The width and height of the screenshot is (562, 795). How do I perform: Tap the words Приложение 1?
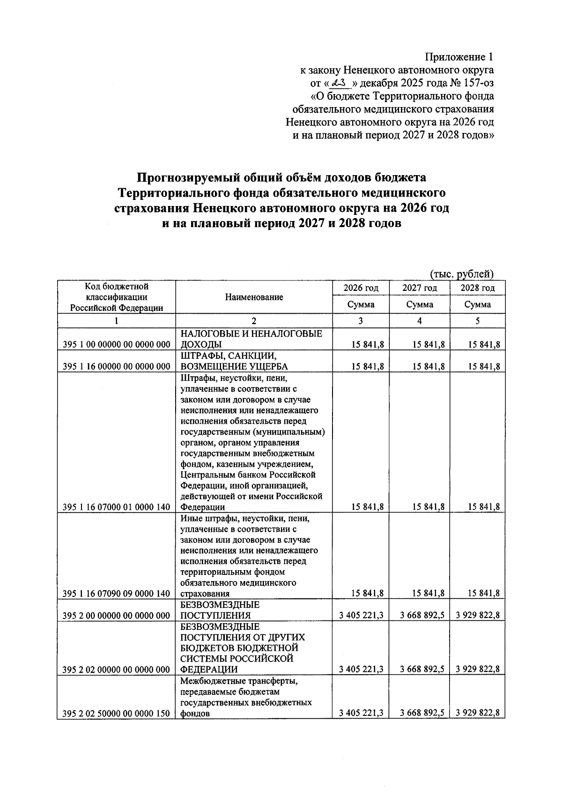tap(459, 57)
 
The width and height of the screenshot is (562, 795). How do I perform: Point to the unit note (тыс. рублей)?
tap(462, 274)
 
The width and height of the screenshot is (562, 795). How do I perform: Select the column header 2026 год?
tap(361, 288)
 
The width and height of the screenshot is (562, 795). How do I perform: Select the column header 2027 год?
tap(419, 288)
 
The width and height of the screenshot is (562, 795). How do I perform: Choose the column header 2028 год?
tap(477, 288)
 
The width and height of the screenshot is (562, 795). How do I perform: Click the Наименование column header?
tap(254, 297)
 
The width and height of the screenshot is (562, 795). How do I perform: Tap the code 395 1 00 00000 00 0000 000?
tap(116, 345)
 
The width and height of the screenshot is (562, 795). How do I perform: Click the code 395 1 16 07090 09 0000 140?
tap(116, 594)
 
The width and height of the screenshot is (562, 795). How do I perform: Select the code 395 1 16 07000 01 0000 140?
tap(116, 507)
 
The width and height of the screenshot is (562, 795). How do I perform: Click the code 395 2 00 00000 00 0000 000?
tap(116, 615)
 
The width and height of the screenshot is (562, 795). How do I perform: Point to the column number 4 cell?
tap(419, 321)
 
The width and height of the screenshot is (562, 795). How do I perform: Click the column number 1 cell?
tap(116, 321)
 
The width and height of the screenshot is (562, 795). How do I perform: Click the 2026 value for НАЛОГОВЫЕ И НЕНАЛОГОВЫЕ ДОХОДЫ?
tap(368, 345)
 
